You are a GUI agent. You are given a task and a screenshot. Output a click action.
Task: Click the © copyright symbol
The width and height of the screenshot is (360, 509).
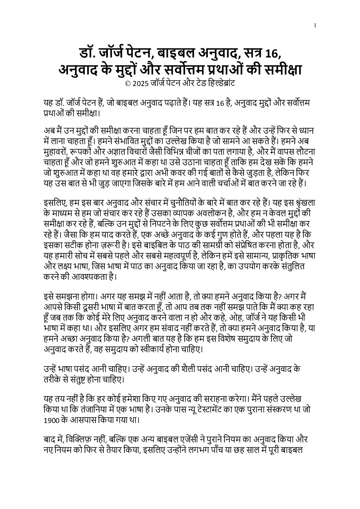point(128,84)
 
